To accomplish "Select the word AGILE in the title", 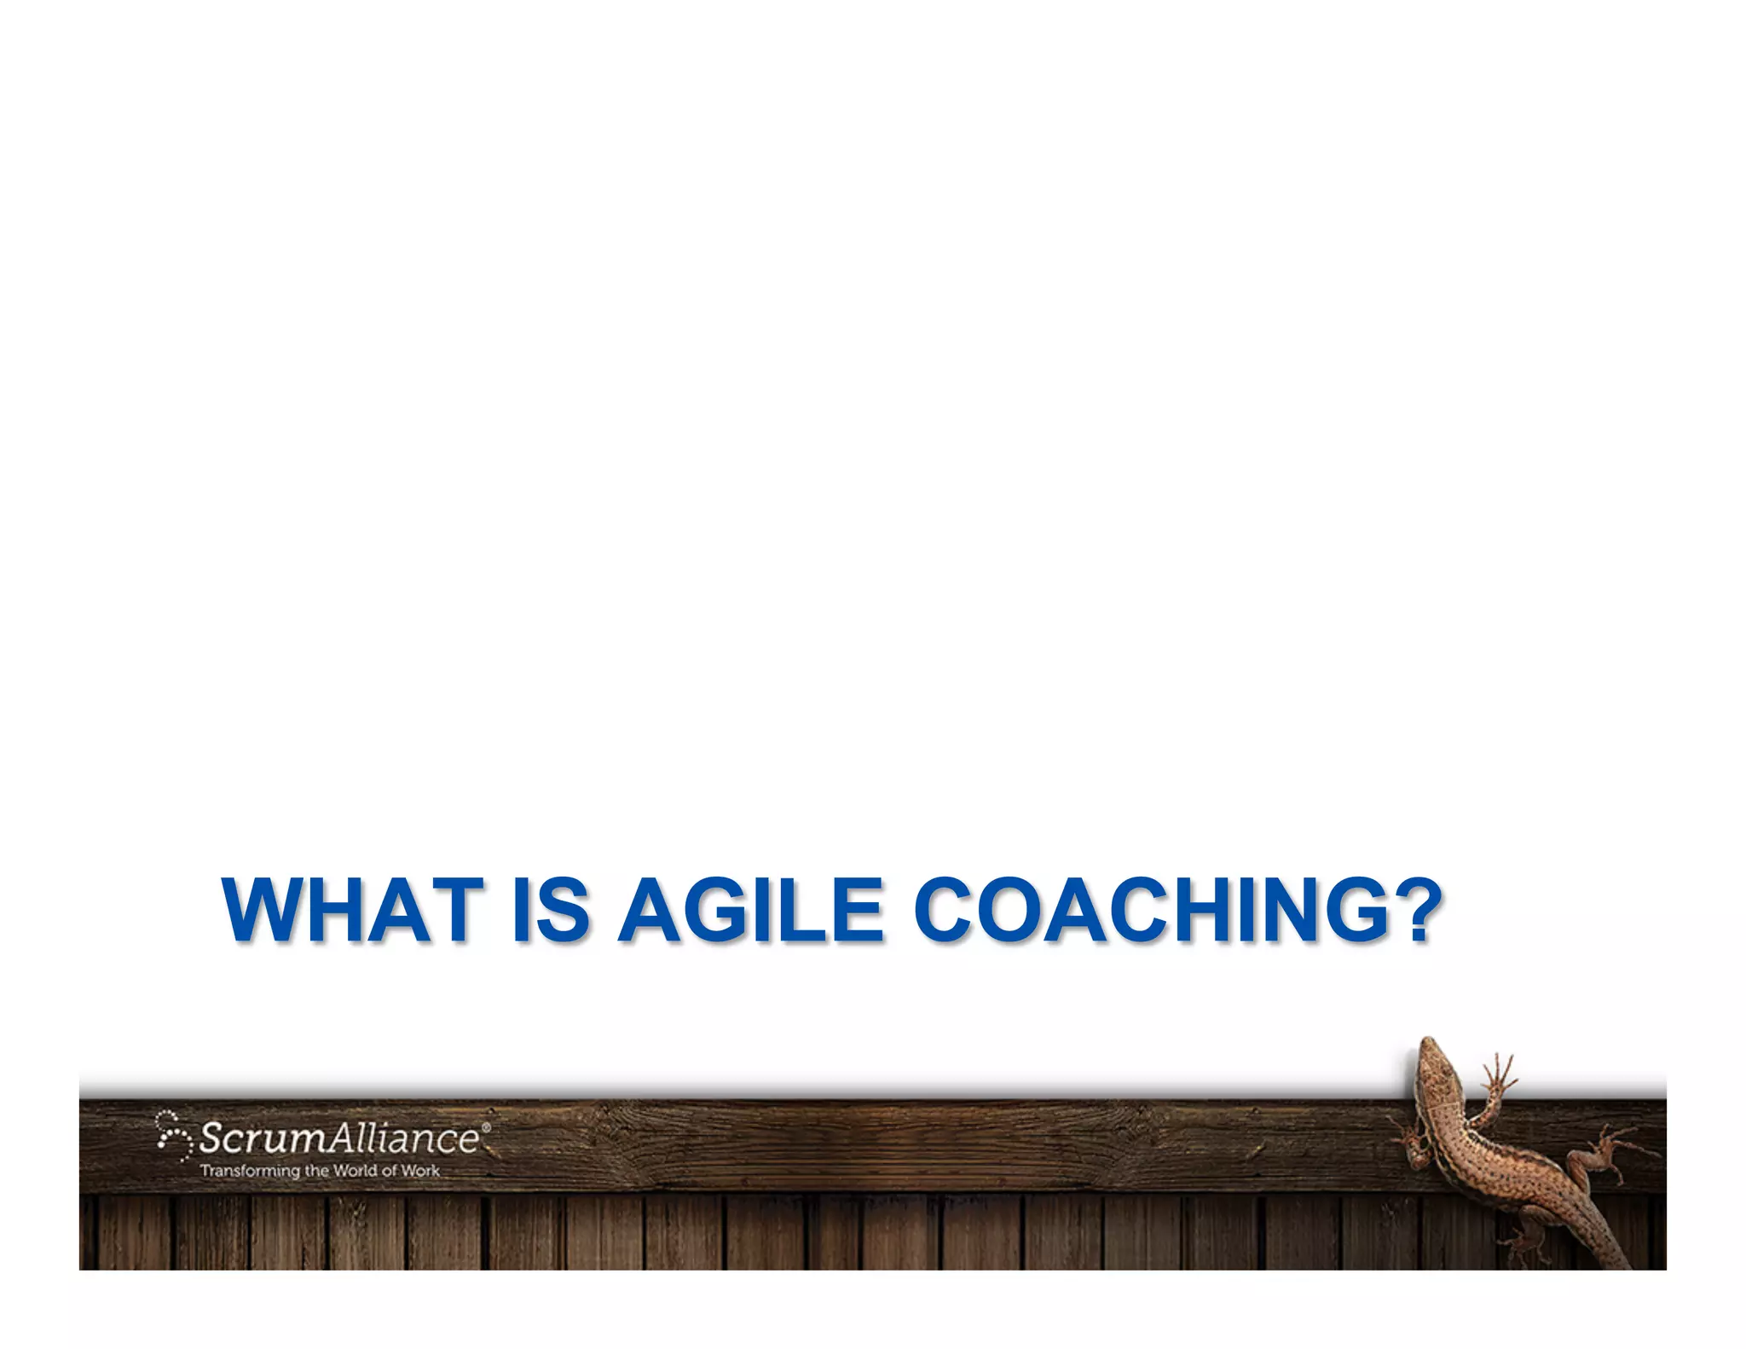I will point(750,910).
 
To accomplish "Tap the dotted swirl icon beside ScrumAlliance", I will point(174,1136).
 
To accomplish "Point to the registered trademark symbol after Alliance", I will point(486,1127).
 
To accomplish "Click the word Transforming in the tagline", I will point(251,1171).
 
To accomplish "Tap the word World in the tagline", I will point(355,1171).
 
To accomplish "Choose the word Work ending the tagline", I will point(420,1171).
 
